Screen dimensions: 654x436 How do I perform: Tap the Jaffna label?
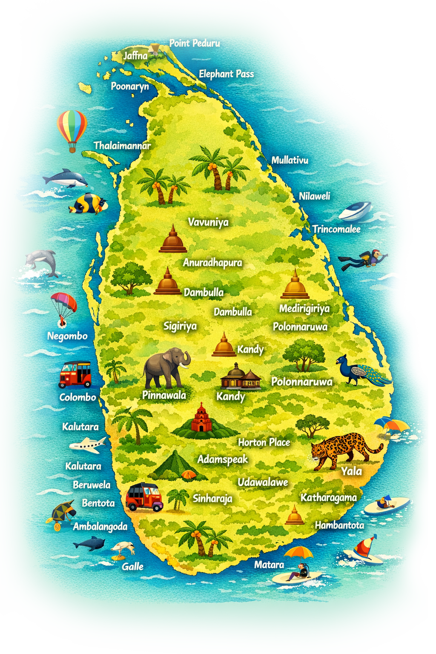(135, 55)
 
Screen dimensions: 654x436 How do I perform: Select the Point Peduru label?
(195, 43)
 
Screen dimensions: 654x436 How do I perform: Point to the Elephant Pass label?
(226, 74)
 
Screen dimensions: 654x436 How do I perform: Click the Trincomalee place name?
(336, 229)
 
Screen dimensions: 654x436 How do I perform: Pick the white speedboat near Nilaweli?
(355, 211)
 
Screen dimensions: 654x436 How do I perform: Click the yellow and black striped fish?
(89, 204)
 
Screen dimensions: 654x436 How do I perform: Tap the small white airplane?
(88, 445)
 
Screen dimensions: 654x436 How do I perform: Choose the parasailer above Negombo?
(63, 307)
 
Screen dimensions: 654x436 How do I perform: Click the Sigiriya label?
(180, 326)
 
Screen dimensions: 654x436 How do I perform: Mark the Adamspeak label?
(222, 459)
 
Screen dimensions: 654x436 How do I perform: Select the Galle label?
(132, 566)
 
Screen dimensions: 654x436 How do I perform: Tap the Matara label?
(269, 565)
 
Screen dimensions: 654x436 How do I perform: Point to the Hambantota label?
(339, 525)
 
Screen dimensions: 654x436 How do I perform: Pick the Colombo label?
(77, 397)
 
